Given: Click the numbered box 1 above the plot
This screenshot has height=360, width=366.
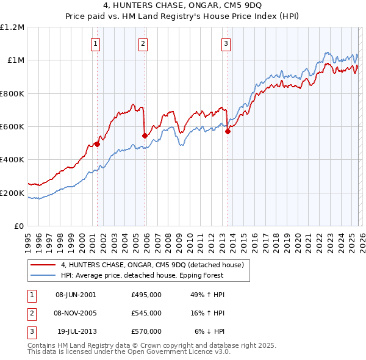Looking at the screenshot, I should pos(96,43).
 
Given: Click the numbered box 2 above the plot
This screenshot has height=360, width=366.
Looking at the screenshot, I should pos(143,43).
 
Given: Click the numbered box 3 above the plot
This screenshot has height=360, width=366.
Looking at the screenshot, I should pos(226,43).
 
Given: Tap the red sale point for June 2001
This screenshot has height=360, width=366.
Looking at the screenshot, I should pos(97,144).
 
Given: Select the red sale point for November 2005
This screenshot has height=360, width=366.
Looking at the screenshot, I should pos(145,135).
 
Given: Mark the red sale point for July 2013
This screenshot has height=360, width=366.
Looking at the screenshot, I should pos(228,131).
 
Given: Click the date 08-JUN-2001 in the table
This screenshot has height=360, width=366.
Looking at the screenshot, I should pos(76,295).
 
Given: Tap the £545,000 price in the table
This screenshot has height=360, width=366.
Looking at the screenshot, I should pos(146,313).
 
